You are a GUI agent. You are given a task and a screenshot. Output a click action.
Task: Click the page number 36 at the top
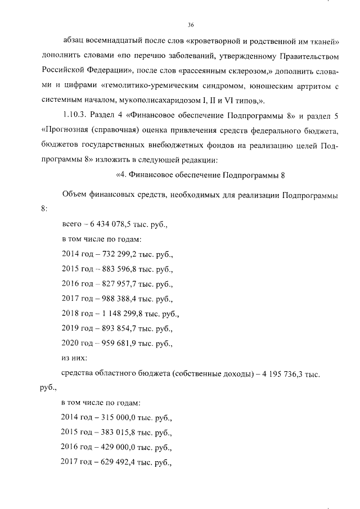point(191,25)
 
